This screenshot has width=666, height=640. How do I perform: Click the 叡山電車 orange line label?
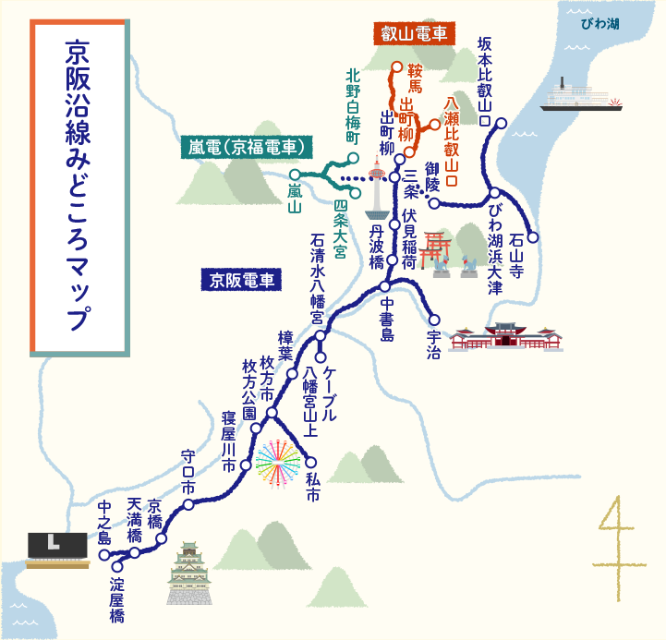415,33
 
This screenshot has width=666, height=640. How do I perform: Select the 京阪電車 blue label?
245,279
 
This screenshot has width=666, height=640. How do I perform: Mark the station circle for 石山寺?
532,237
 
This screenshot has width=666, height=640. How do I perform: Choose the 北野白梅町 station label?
352,104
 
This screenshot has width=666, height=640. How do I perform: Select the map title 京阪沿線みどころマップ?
78,185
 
